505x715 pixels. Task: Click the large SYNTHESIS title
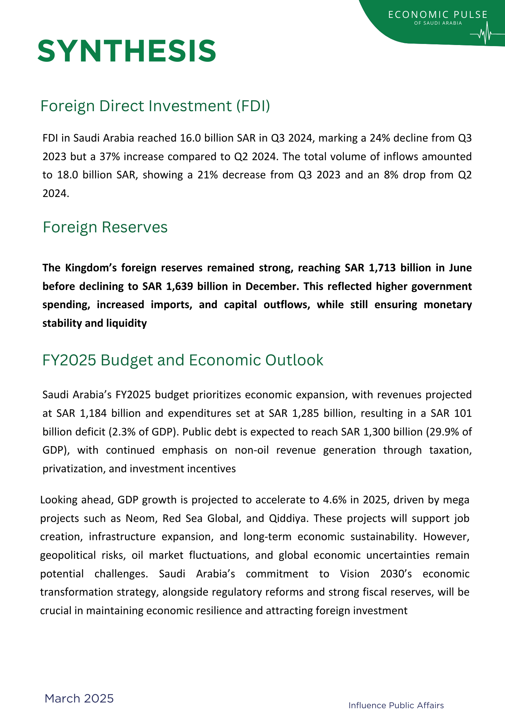127,51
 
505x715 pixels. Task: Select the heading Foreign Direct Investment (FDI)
155,106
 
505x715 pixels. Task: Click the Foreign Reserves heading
105,227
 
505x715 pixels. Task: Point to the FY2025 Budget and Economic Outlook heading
182,360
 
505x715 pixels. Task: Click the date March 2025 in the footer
79,698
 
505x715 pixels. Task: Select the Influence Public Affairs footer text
396,705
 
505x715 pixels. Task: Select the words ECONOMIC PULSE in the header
437,15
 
